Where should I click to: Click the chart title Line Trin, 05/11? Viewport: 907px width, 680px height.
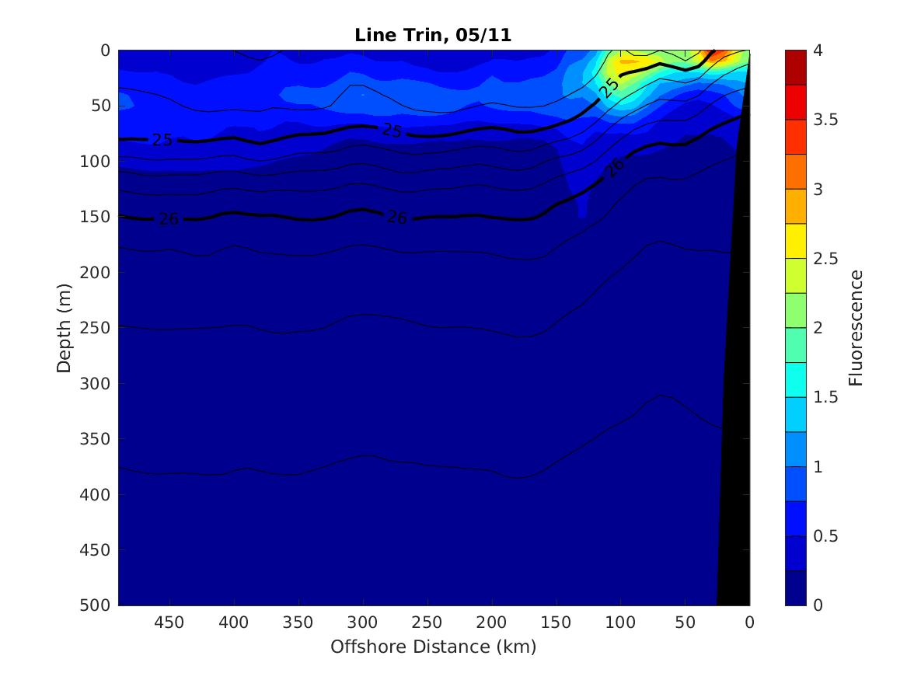[433, 35]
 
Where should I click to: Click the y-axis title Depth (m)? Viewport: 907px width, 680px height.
[64, 327]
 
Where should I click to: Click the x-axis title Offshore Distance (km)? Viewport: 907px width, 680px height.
[433, 647]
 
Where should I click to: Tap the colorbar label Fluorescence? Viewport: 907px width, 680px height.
[856, 327]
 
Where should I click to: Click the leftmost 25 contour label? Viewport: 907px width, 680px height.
[162, 141]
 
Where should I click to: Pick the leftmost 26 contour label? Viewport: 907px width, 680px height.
[169, 219]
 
